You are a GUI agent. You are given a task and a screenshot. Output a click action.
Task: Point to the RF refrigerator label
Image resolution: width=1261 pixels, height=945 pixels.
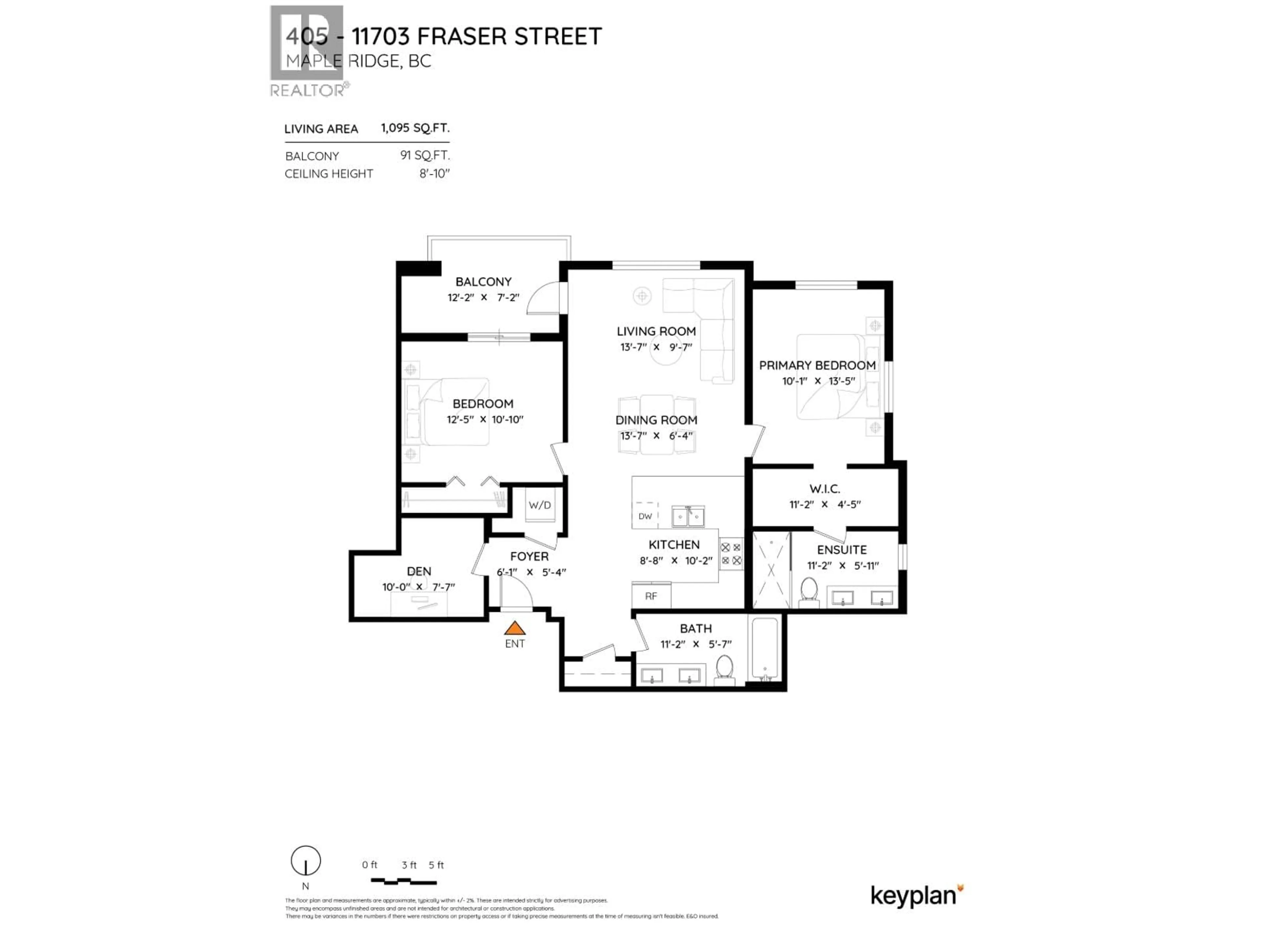tap(651, 596)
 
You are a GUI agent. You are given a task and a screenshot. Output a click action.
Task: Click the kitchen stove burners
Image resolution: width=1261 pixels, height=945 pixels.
tap(731, 554)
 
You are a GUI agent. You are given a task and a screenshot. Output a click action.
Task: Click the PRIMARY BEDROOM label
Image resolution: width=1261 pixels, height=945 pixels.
tap(817, 365)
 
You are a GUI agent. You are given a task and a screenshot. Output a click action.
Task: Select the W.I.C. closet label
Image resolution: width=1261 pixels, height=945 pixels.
tap(824, 489)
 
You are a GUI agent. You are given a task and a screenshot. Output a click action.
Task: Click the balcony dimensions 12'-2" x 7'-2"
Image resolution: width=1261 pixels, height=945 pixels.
tap(483, 297)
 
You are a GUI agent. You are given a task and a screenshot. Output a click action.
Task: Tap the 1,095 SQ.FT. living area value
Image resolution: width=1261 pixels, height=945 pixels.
tap(415, 128)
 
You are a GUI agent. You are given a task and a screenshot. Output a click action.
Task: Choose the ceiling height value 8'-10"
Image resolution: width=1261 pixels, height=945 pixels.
tap(434, 174)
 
